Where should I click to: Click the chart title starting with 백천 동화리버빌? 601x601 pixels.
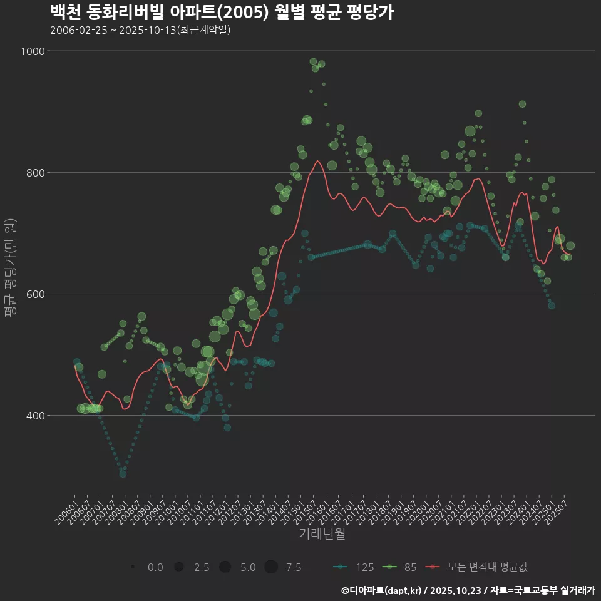(222, 12)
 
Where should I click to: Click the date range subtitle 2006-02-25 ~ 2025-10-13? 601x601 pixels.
(140, 30)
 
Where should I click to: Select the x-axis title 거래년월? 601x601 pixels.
(322, 533)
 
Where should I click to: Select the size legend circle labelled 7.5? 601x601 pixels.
(270, 567)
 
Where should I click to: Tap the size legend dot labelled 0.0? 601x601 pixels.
(133, 567)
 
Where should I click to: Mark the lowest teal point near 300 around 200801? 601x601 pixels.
(123, 474)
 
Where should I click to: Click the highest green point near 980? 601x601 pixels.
(313, 61)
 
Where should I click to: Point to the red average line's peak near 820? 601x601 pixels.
(317, 162)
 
